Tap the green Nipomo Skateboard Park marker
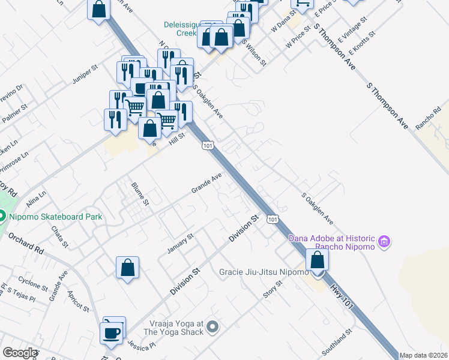pyautogui.click(x=2, y=216)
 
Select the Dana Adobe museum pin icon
pyautogui.click(x=385, y=242)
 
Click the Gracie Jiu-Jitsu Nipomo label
pyautogui.click(x=262, y=271)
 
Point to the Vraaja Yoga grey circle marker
pyautogui.click(x=212, y=327)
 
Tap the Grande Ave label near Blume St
pyautogui.click(x=206, y=182)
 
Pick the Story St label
pyautogui.click(x=273, y=289)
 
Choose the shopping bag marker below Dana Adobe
pyautogui.click(x=317, y=260)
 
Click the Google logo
pyautogui.click(x=20, y=353)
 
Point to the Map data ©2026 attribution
pyautogui.click(x=424, y=355)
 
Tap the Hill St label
pyautogui.click(x=176, y=140)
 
